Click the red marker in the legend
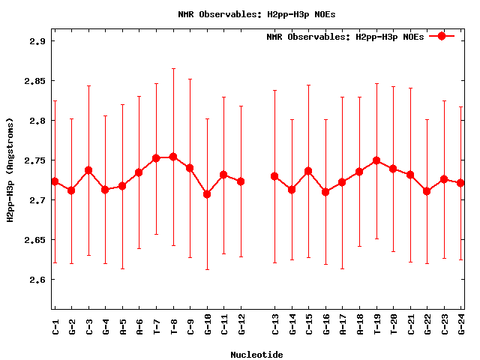tap(442, 36)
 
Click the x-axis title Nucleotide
tap(256, 355)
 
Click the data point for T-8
tap(173, 157)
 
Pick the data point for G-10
tap(207, 194)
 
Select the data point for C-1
tap(55, 181)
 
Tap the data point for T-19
tap(376, 160)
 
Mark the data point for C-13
tap(274, 176)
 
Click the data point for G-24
tap(460, 183)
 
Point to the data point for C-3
tap(88, 170)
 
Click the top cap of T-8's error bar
tap(173, 68)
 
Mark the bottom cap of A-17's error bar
tap(343, 268)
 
